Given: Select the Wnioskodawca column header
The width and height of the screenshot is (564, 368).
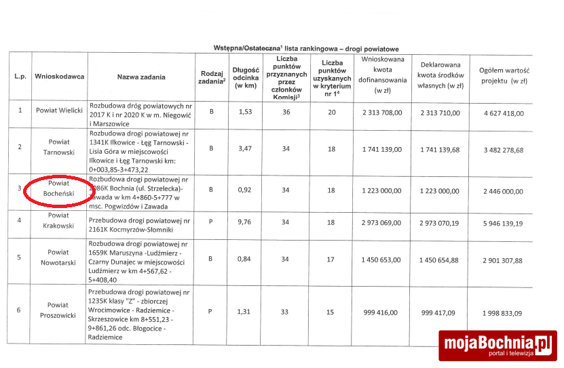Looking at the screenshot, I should click(x=60, y=77).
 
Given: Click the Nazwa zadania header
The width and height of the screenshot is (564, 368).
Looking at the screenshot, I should click(x=140, y=77).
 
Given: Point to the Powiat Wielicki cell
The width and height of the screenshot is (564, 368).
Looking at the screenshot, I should click(x=60, y=110).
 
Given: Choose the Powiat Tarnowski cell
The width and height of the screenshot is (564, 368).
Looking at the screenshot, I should click(x=60, y=148).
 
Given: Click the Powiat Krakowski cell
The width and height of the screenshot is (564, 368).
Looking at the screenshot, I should click(x=60, y=220).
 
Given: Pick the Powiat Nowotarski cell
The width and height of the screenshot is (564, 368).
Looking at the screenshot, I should click(x=60, y=259).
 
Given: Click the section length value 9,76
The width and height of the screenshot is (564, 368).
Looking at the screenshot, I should click(x=246, y=221).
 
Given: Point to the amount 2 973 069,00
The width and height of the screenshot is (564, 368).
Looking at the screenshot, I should click(x=382, y=222).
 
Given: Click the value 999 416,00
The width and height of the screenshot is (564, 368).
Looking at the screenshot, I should click(x=383, y=312).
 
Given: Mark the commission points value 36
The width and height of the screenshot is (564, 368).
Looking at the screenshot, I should click(x=286, y=112).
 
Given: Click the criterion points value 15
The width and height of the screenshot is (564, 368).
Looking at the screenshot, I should click(x=332, y=312).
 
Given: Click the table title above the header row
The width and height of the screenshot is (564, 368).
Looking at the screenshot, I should click(x=305, y=49).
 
